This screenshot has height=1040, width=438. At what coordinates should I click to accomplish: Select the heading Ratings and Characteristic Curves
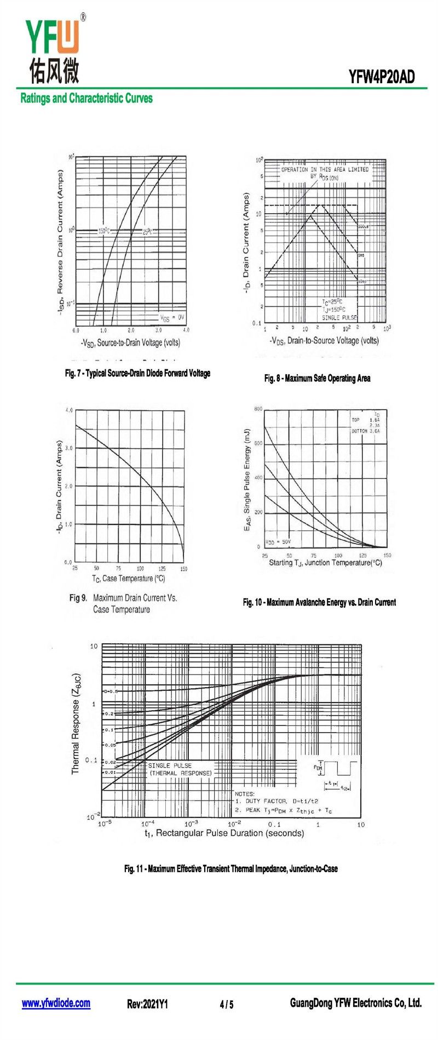click(x=87, y=99)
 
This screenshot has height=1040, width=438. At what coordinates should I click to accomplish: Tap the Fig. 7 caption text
click(x=137, y=373)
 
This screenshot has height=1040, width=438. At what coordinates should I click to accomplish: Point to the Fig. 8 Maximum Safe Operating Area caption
click(x=317, y=378)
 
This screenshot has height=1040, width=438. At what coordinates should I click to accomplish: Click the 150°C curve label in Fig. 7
click(x=104, y=231)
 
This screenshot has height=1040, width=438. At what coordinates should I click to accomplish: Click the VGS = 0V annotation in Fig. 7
click(x=172, y=317)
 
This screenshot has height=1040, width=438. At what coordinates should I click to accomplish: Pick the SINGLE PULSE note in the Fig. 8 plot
click(x=339, y=318)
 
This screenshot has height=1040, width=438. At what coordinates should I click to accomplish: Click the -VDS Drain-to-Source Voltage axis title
click(x=324, y=341)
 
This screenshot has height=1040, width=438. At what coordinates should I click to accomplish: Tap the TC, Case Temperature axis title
click(x=128, y=579)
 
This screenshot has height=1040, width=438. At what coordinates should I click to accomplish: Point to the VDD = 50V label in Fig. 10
click(x=278, y=542)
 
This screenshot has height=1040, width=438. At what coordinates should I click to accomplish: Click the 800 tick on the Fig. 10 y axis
click(x=258, y=409)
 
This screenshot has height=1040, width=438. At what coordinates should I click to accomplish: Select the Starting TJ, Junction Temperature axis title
click(x=325, y=563)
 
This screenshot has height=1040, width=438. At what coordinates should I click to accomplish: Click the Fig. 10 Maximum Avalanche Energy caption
click(x=319, y=602)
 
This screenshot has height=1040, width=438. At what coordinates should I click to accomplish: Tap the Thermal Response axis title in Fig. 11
click(x=76, y=723)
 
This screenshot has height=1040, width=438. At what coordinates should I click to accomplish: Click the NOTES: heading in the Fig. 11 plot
click(x=245, y=793)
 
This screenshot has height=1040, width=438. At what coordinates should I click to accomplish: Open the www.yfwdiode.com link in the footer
click(x=56, y=1003)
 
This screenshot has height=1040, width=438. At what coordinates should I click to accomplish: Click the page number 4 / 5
click(x=227, y=1004)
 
